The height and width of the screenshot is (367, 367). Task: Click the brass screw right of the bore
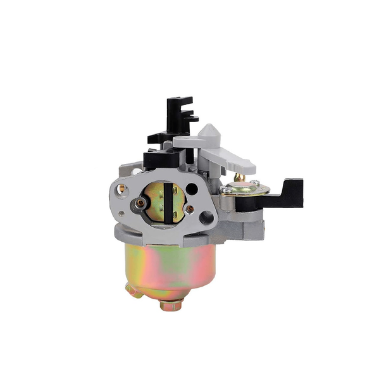(x=189, y=208)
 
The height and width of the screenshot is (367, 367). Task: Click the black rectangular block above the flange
(x=155, y=158)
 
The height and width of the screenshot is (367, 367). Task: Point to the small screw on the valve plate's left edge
(x=226, y=190)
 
